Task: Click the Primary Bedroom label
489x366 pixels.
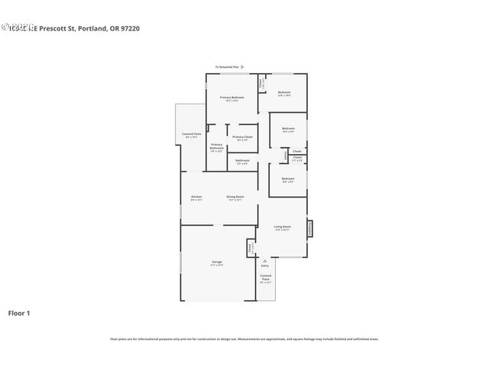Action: coord(232,98)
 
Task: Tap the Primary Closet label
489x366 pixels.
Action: coord(242,137)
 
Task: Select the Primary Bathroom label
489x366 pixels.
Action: coord(217,146)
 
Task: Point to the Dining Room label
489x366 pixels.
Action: coord(235,197)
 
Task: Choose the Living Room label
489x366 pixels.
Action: coord(282,227)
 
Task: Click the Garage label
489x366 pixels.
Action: coord(217,262)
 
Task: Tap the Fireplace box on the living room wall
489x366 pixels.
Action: coord(309,228)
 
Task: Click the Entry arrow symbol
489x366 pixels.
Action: coord(265,260)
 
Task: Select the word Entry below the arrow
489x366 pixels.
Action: coord(265,265)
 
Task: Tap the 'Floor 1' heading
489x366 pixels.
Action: coord(19,313)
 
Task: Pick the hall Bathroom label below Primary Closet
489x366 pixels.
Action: coord(242,160)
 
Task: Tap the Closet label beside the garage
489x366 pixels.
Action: coord(250,248)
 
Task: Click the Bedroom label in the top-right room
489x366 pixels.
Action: coord(284,92)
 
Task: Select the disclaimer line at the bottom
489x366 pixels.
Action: coord(244,339)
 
